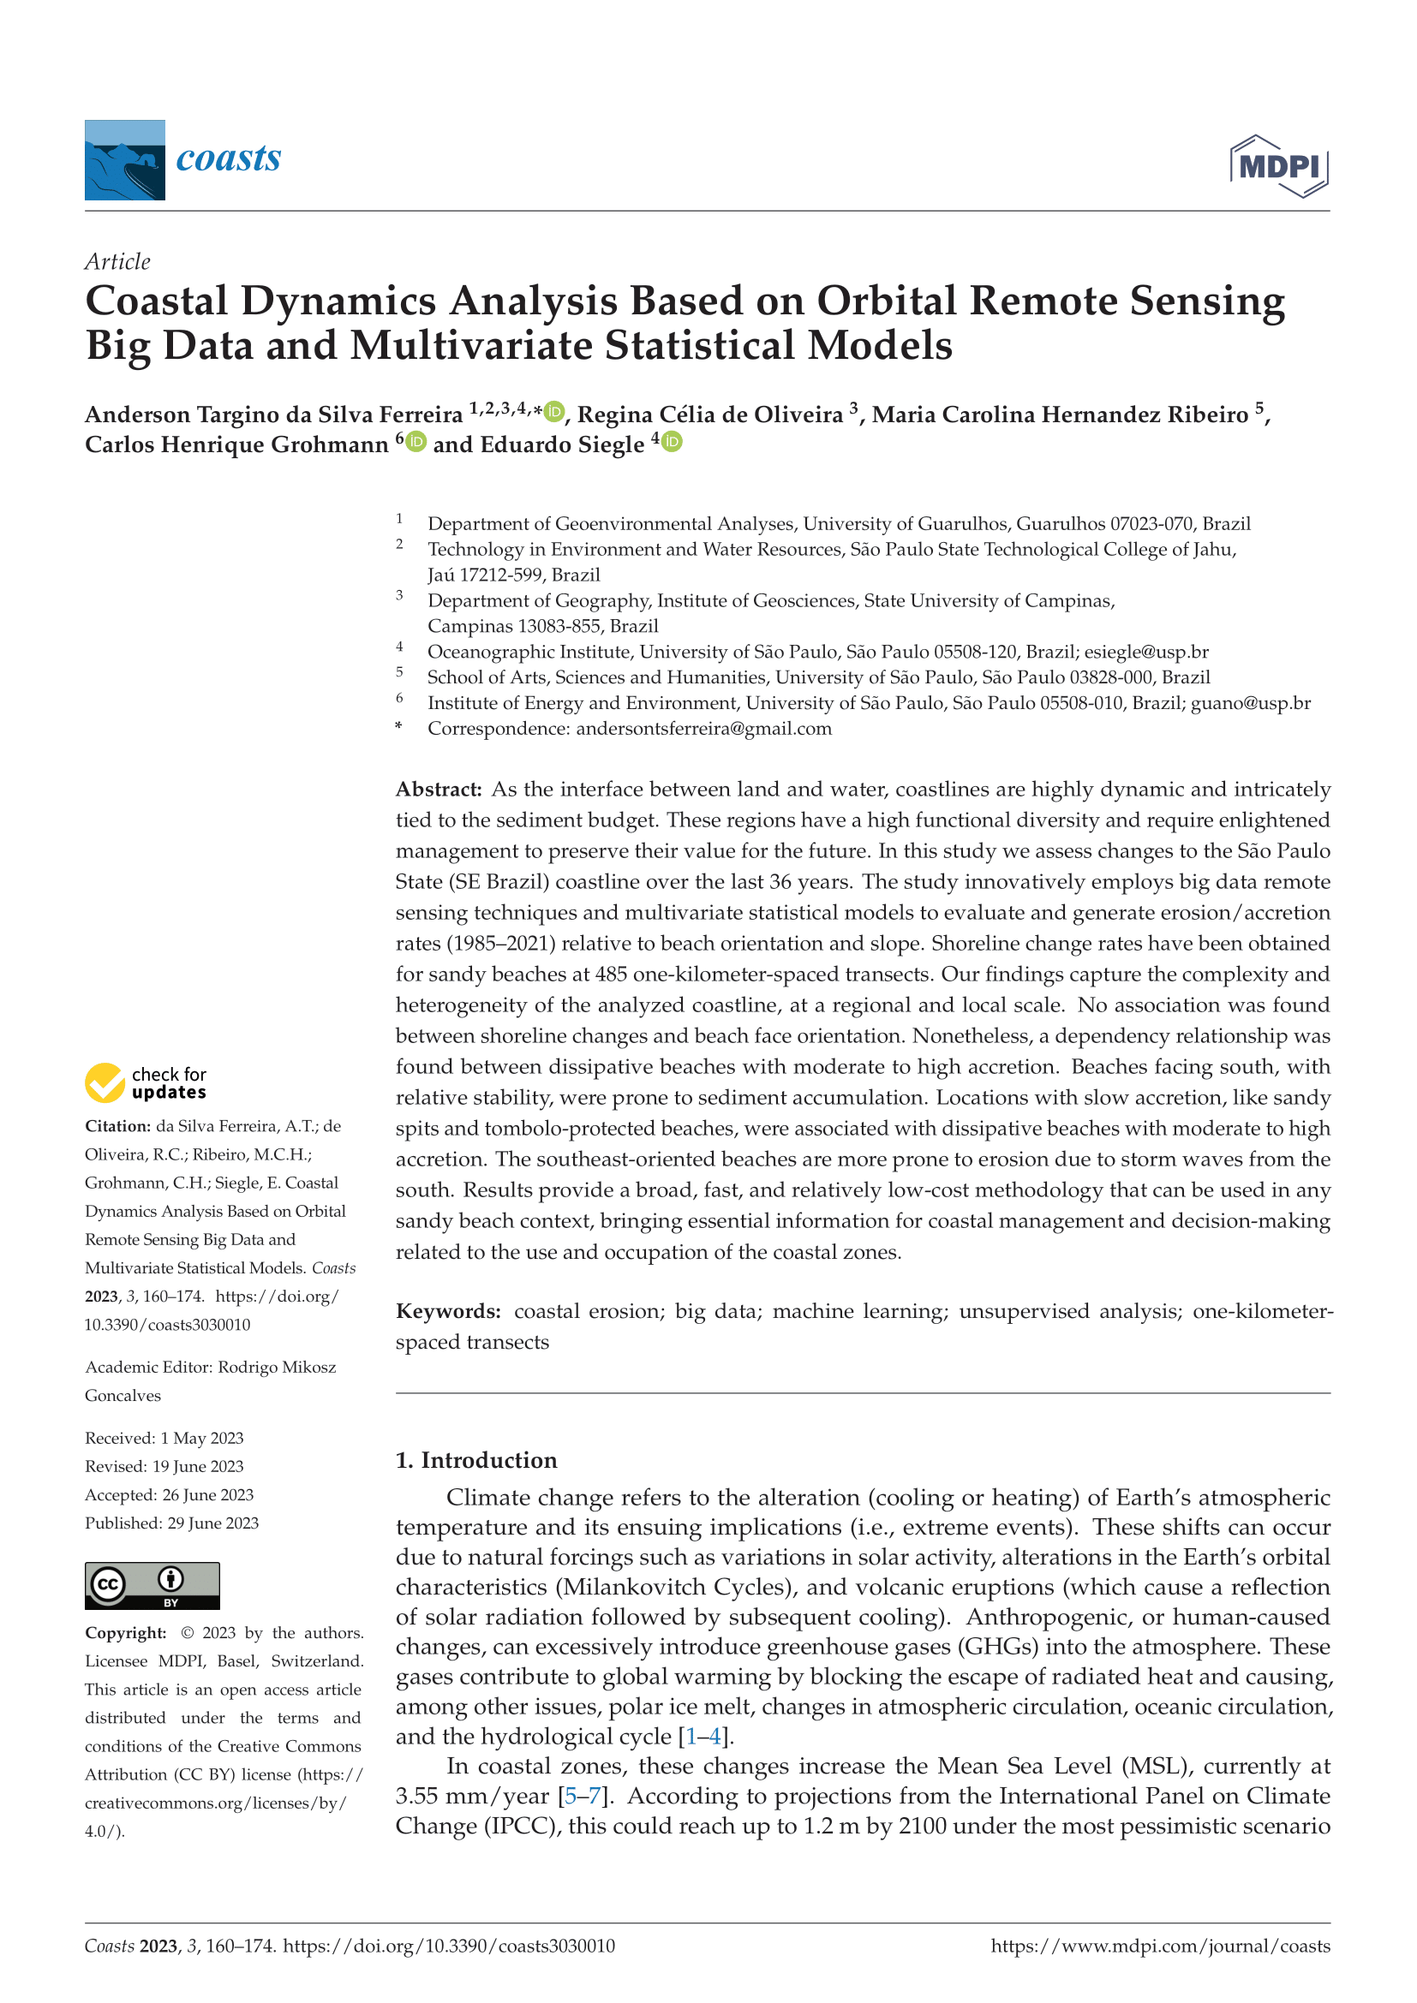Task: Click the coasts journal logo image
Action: [x=125, y=159]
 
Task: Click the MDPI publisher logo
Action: [x=1278, y=166]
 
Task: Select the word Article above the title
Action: [x=117, y=262]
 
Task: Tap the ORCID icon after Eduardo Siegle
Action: [x=672, y=442]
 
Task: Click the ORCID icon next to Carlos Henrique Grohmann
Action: [x=416, y=442]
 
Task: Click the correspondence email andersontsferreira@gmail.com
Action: [x=703, y=729]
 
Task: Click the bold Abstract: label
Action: [x=438, y=790]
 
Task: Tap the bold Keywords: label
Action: [x=447, y=1311]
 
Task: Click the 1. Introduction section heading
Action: [x=475, y=1460]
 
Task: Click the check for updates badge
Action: [x=146, y=1082]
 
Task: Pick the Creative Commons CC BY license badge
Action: [x=152, y=1585]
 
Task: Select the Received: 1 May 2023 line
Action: [x=164, y=1438]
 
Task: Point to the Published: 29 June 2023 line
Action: [x=172, y=1523]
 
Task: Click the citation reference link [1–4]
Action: [x=706, y=1736]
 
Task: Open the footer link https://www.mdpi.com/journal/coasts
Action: [x=1161, y=1946]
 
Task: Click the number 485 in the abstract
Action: [x=611, y=975]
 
